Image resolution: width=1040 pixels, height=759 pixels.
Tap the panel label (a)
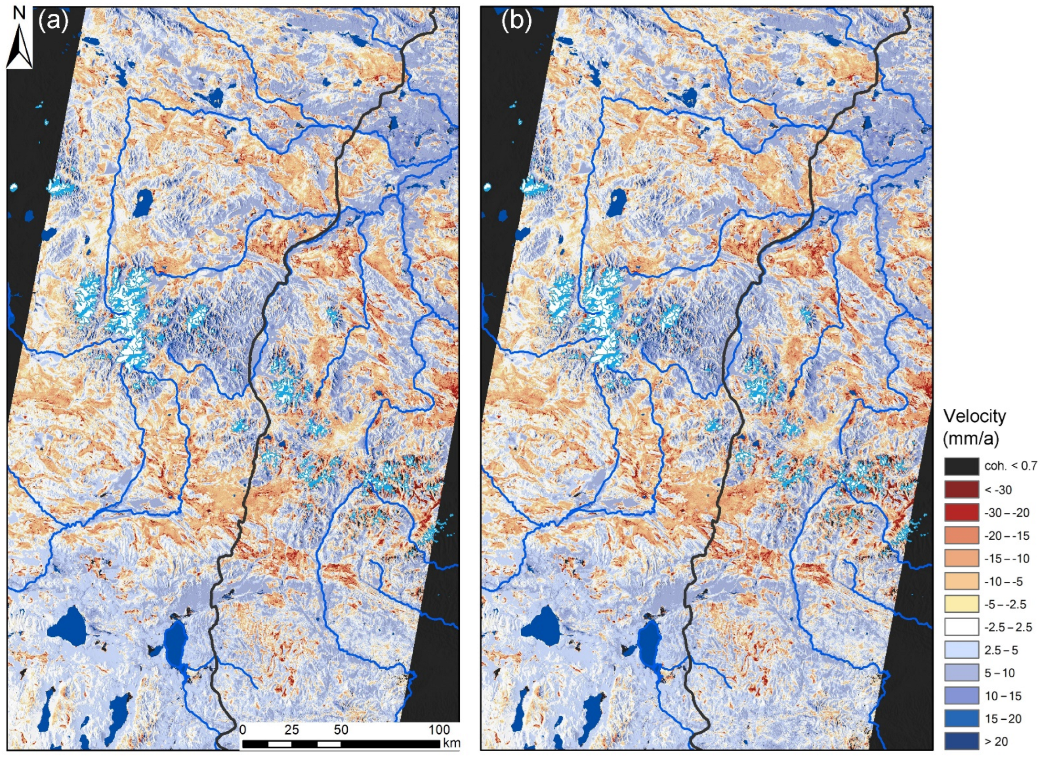pyautogui.click(x=54, y=21)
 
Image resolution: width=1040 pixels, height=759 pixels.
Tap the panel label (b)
pyautogui.click(x=516, y=21)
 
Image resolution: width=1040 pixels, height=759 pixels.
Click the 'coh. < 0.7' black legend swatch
pyautogui.click(x=961, y=466)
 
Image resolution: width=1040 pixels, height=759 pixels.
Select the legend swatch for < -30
pyautogui.click(x=961, y=489)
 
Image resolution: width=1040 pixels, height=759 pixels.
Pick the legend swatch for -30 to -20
pyautogui.click(x=961, y=512)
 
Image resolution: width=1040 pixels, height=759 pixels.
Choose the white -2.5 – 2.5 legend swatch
pyautogui.click(x=961, y=627)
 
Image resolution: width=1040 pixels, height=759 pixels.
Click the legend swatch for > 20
pyautogui.click(x=961, y=741)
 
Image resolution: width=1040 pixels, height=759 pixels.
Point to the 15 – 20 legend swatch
pyautogui.click(x=961, y=718)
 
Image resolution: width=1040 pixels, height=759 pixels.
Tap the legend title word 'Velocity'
pyautogui.click(x=975, y=417)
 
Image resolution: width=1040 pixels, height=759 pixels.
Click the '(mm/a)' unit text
pyautogui.click(x=971, y=438)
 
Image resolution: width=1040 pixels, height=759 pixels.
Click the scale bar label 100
pyautogui.click(x=439, y=729)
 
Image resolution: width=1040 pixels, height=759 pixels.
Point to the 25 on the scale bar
pyautogui.click(x=291, y=729)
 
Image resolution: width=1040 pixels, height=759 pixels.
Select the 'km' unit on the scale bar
pyautogui.click(x=451, y=743)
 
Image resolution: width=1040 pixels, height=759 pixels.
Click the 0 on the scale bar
pyautogui.click(x=243, y=729)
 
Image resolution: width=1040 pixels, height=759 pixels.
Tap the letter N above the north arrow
pyautogui.click(x=19, y=13)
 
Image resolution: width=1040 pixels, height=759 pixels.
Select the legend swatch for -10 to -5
pyautogui.click(x=961, y=581)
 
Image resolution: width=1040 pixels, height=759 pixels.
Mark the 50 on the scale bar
pyautogui.click(x=341, y=729)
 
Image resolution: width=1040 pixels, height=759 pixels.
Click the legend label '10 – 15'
pyautogui.click(x=1003, y=696)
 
